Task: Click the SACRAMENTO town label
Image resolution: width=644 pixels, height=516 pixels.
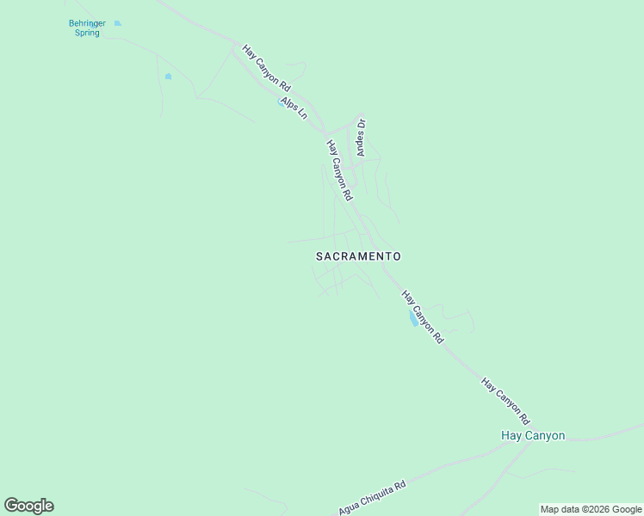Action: [x=358, y=256]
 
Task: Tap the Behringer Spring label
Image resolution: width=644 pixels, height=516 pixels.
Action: [x=87, y=28]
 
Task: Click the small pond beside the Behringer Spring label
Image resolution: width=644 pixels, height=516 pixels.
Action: [x=117, y=23]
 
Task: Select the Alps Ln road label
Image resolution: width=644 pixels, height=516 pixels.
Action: [x=294, y=107]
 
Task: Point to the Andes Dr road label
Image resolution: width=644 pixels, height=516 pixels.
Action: [x=362, y=138]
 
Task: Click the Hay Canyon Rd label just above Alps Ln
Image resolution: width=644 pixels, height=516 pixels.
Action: [x=267, y=69]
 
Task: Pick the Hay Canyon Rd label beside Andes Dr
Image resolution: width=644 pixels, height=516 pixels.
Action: [x=339, y=170]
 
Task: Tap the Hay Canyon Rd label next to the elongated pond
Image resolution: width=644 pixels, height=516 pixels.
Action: [x=422, y=317]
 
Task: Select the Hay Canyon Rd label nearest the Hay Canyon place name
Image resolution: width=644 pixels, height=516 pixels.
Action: [x=505, y=402]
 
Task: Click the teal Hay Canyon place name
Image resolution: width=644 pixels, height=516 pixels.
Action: [x=533, y=435]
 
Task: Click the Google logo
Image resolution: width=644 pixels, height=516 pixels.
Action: [x=28, y=506]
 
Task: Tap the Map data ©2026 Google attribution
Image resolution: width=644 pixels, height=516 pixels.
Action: [x=591, y=509]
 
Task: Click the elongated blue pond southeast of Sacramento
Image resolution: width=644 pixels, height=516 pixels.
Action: [x=413, y=318]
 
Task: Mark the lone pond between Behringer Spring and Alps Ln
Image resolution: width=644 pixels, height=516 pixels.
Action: [x=168, y=77]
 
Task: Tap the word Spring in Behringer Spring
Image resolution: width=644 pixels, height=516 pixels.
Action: [x=87, y=33]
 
